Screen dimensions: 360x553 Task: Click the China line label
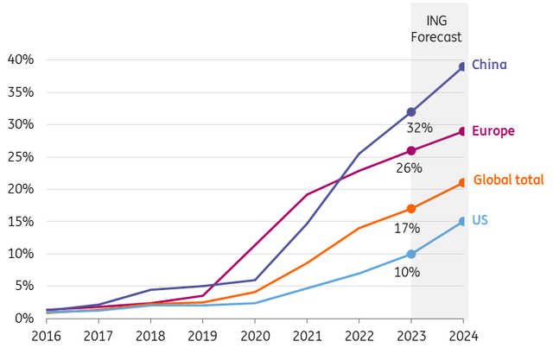click(x=489, y=65)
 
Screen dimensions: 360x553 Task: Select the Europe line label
click(x=493, y=131)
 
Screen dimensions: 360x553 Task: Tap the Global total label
click(x=507, y=180)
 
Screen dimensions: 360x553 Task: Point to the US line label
click(x=480, y=220)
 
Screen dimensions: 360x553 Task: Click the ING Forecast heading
click(x=439, y=29)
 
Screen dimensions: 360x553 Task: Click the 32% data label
click(x=419, y=128)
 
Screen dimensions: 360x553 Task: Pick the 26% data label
click(x=409, y=167)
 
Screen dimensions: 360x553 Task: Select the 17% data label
click(x=407, y=229)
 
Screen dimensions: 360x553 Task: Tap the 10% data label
click(x=407, y=272)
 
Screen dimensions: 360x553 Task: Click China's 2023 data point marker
click(x=411, y=112)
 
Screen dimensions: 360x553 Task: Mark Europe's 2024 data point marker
click(x=463, y=131)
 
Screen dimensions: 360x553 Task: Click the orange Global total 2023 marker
click(x=411, y=209)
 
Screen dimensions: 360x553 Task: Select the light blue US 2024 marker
click(x=463, y=221)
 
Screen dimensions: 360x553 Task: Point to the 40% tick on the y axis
click(x=20, y=60)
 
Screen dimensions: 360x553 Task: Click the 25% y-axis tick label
click(x=20, y=156)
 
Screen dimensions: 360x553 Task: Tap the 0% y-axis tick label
click(x=23, y=319)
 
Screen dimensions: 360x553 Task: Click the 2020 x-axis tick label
click(x=256, y=338)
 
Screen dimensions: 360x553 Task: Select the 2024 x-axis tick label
click(x=462, y=338)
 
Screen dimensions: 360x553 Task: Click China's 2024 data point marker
click(x=463, y=66)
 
